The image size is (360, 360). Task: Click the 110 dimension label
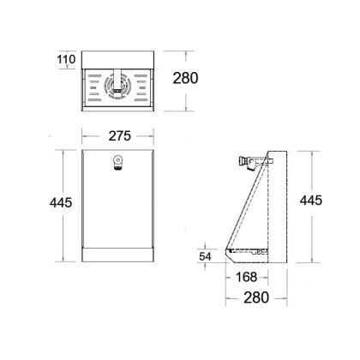click(66, 59)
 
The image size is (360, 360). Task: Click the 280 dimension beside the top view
click(185, 78)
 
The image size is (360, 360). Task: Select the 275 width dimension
click(120, 136)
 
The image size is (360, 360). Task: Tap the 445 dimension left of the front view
click(61, 202)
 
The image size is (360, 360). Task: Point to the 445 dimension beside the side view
click(311, 201)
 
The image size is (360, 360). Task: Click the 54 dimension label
click(205, 256)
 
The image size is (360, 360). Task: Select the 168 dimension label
click(246, 277)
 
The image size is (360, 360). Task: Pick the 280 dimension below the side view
click(256, 297)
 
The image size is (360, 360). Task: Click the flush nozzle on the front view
click(117, 163)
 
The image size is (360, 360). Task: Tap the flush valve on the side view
click(249, 163)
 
